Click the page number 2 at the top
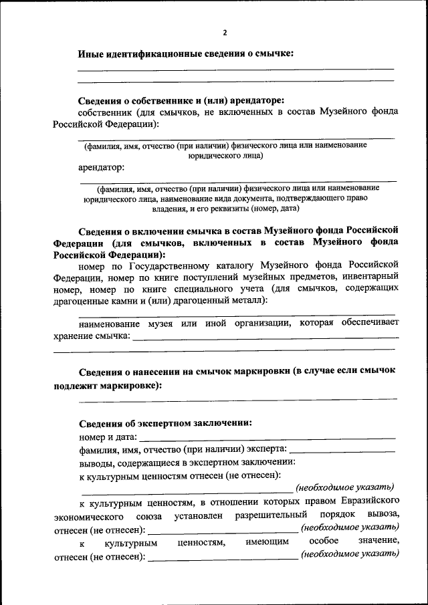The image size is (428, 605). pos(225,32)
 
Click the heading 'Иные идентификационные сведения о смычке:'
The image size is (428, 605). pos(186,53)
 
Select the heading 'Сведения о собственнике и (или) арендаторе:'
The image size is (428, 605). pos(181,100)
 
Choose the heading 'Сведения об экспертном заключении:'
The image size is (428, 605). pos(165,422)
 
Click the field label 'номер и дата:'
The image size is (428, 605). pos(108,437)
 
